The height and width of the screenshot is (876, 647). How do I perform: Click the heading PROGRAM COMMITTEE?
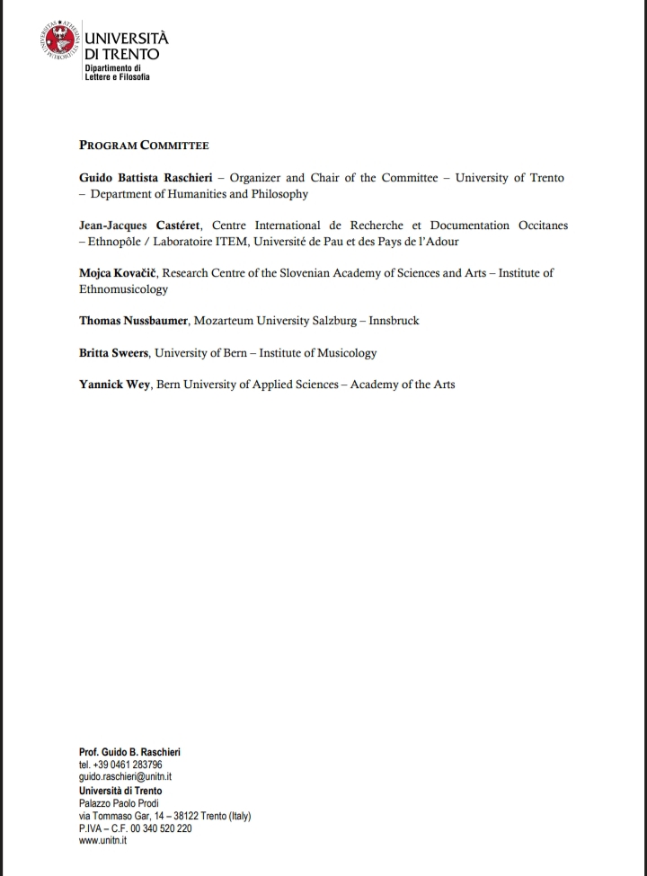[144, 145]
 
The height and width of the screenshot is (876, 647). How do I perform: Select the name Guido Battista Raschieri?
[146, 178]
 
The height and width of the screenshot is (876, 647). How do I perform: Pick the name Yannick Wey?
[115, 385]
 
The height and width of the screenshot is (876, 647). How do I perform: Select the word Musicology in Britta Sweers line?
[345, 353]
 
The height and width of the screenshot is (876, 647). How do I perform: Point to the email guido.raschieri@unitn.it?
[125, 777]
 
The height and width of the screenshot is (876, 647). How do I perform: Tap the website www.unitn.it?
[102, 840]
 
